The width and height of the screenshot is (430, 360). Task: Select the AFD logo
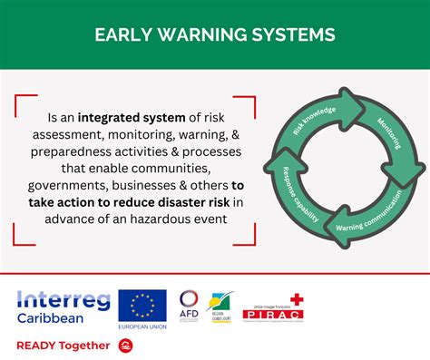tap(189, 306)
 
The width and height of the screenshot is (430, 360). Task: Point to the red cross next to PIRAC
tap(297, 301)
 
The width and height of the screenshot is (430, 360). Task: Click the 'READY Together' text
tap(64, 345)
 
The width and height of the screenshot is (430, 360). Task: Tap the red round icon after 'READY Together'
tap(126, 345)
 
